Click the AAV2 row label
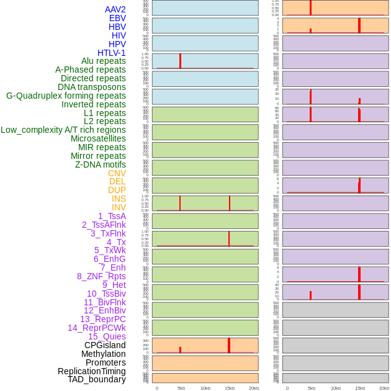(x=115, y=9)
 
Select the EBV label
(x=117, y=18)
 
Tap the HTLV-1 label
(x=111, y=53)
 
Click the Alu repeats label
(x=103, y=61)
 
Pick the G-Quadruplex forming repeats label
(x=66, y=96)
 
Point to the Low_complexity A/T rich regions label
(x=63, y=130)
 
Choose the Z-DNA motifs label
(x=100, y=164)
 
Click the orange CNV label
(x=117, y=173)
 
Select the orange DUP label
(x=117, y=190)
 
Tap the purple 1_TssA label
(x=112, y=216)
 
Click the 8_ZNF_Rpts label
(x=101, y=276)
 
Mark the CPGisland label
(x=105, y=345)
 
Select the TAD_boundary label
(x=97, y=379)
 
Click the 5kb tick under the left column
(x=181, y=388)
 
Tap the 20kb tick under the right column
(x=384, y=388)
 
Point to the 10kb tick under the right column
(x=336, y=388)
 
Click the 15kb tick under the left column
(x=230, y=388)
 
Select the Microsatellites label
(x=98, y=138)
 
